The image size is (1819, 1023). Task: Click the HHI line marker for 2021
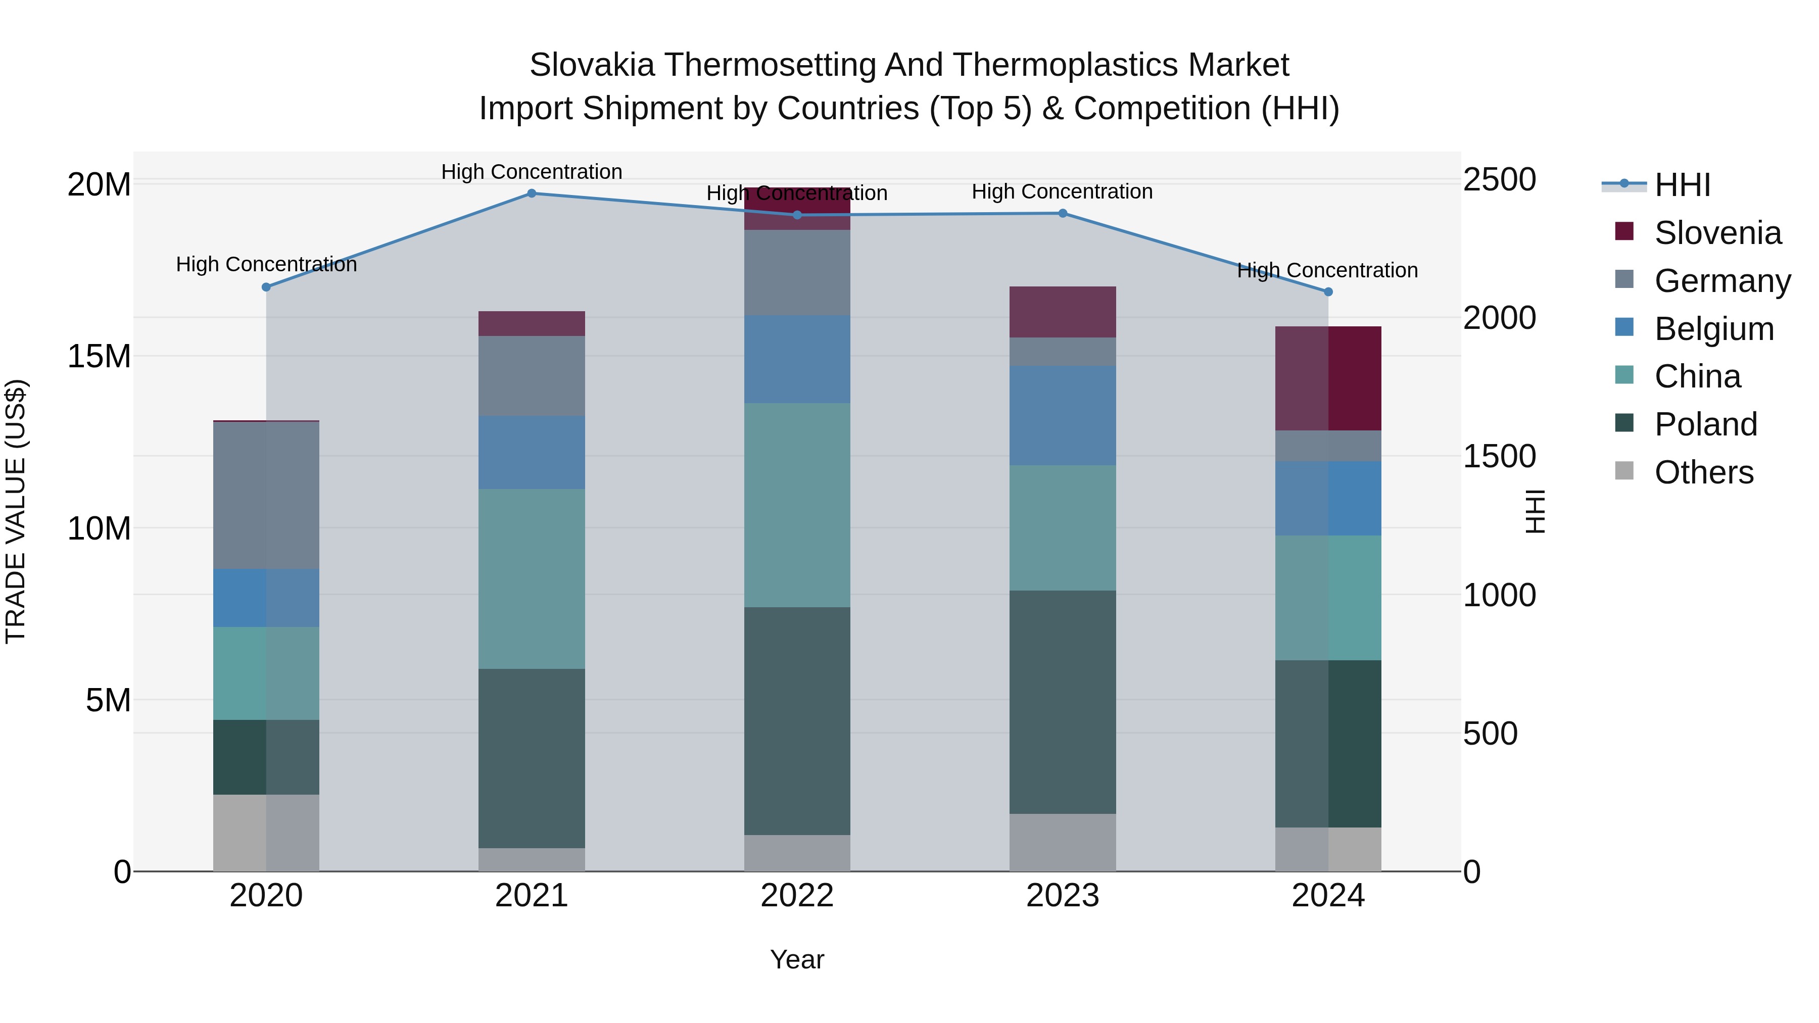532,193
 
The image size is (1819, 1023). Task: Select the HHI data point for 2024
1327,291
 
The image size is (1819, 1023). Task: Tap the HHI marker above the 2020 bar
266,287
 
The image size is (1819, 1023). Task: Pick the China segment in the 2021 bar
532,579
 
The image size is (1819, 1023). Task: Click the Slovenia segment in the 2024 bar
1327,378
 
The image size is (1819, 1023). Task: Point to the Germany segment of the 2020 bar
266,495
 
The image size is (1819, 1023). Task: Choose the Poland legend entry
1705,424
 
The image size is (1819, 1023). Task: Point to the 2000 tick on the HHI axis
1499,318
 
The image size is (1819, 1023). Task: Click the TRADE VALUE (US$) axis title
16,511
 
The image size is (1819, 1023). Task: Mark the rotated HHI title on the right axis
1535,511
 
